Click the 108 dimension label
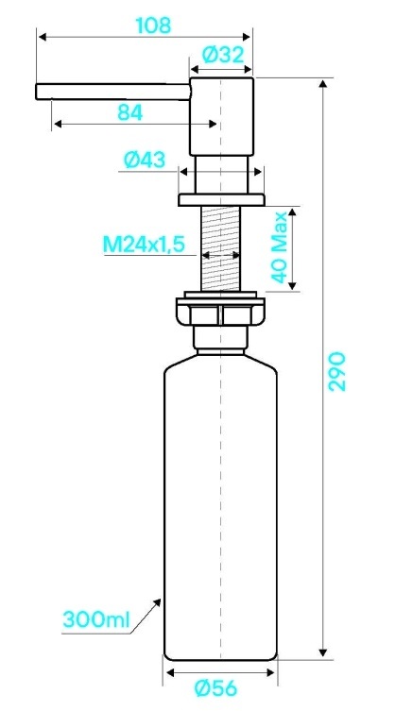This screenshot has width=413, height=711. tap(153, 25)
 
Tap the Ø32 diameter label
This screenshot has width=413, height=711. tap(223, 55)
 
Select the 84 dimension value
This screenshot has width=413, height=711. tap(130, 112)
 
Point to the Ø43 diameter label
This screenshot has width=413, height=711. tap(145, 160)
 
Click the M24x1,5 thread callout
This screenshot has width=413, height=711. tap(144, 245)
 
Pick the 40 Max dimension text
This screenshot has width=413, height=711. tap(280, 247)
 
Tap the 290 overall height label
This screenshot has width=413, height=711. tap(337, 371)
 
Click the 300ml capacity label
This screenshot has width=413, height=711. tap(96, 619)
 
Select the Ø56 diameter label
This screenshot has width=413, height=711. tap(215, 688)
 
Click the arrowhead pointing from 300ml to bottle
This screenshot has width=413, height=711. tap(157, 602)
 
